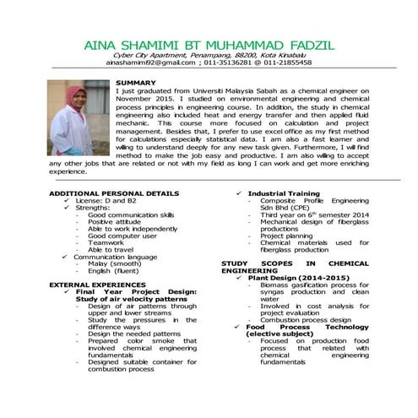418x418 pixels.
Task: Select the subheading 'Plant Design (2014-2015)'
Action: tap(291, 278)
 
